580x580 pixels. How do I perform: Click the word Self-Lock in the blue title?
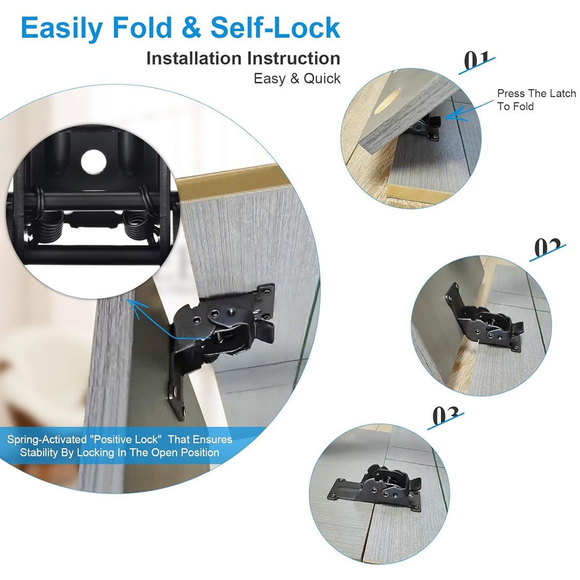(275, 28)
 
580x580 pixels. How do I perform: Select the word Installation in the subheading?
(194, 59)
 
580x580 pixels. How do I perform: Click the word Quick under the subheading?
(322, 79)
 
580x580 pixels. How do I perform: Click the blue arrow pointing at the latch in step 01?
(469, 110)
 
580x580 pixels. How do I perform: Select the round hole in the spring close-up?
(93, 162)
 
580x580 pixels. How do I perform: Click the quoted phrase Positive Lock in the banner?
(126, 439)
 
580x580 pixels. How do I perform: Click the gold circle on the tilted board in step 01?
(388, 102)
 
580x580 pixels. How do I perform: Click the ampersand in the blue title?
(191, 28)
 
